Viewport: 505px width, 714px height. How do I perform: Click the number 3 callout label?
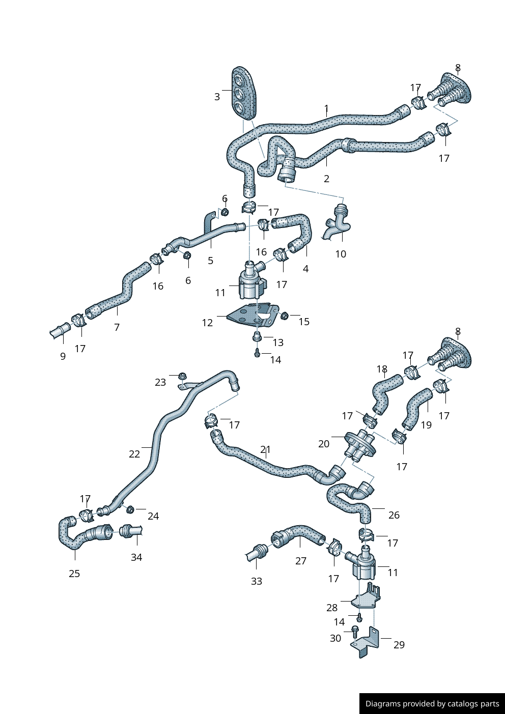coord(217,97)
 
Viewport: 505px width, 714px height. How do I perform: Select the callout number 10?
coord(341,254)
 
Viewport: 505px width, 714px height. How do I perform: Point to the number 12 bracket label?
coord(207,323)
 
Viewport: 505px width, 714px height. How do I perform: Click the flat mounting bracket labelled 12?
coord(252,316)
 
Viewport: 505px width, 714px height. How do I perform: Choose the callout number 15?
coord(304,322)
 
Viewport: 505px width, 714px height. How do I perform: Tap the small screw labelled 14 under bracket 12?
coord(258,353)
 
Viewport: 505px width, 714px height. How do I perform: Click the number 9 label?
coord(63,356)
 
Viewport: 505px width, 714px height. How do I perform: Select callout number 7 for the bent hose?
coord(117,327)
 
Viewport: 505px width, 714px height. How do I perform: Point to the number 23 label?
coord(160,382)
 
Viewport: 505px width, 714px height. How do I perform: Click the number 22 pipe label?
coord(134,454)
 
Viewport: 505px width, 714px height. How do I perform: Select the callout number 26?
coord(394,515)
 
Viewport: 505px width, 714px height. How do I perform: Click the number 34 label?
coord(136,557)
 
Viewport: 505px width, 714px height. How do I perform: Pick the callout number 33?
coord(257,581)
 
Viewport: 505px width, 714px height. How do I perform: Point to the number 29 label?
coord(399,645)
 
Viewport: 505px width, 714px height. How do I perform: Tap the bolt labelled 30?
coord(355,630)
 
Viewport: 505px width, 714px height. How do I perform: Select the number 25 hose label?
coord(74,574)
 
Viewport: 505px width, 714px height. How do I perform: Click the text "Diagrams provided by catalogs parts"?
coord(432,704)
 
